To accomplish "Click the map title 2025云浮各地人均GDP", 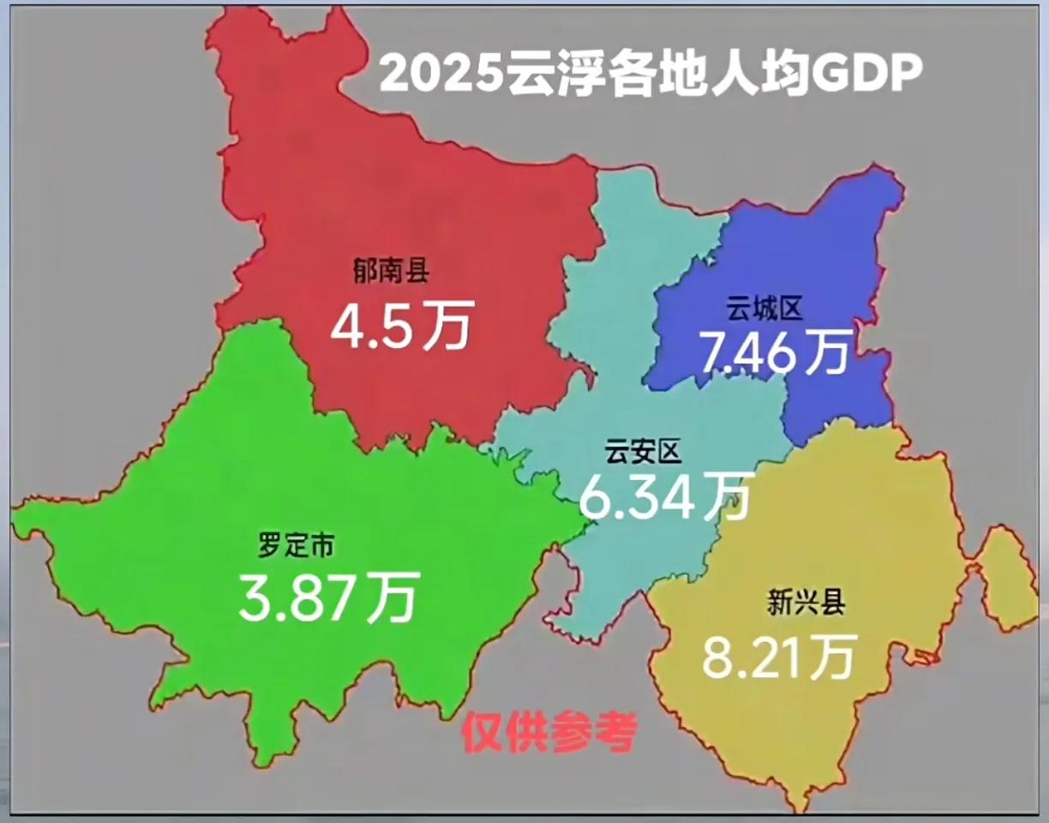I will pos(650,74).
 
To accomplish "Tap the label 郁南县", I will pos(391,273).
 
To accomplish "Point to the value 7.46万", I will pos(774,351).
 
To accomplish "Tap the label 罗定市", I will pos(297,544).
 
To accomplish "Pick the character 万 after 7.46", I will pos(824,351).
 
